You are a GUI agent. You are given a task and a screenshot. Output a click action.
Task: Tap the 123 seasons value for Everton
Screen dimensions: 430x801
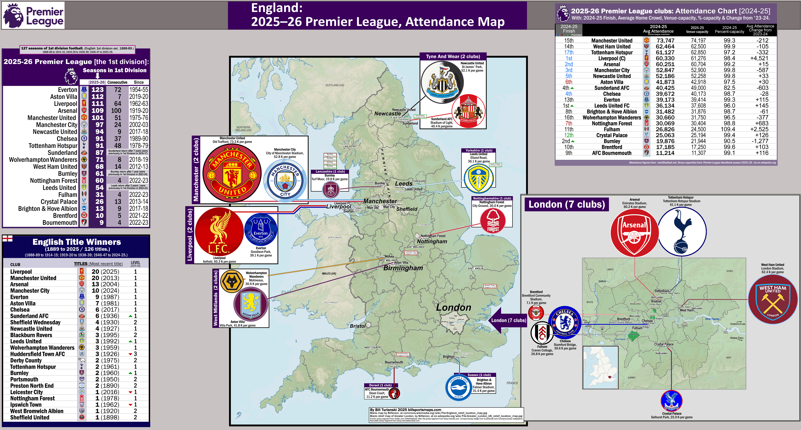pyautogui.click(x=97, y=90)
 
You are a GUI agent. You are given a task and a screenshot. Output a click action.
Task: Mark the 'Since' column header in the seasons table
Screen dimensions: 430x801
pyautogui.click(x=139, y=82)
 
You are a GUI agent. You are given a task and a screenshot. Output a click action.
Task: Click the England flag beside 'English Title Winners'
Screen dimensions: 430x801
pyautogui.click(x=7, y=238)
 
